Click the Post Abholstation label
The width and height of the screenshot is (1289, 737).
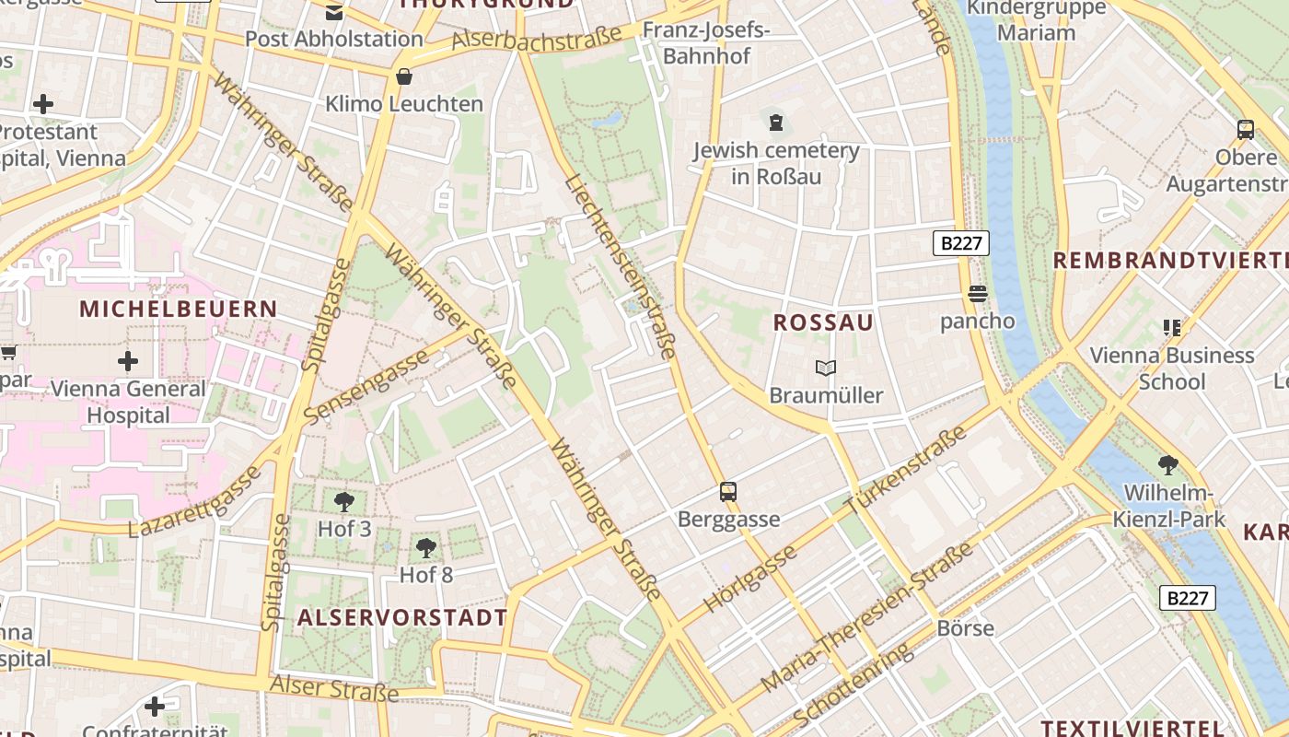tap(333, 39)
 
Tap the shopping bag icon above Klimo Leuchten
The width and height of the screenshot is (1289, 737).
tap(403, 76)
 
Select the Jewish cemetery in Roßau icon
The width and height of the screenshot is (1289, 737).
tap(776, 122)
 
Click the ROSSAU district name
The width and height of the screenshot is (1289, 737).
tap(823, 322)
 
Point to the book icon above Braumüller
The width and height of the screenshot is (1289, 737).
tap(826, 368)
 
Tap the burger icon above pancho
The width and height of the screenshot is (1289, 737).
tap(977, 294)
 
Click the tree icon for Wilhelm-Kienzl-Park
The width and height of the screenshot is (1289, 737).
tap(1168, 465)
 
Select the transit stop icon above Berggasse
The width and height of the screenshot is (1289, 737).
tap(728, 491)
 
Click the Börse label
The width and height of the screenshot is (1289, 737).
tap(965, 628)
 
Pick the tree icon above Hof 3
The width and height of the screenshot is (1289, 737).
tap(344, 502)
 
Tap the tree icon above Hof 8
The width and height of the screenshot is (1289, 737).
tap(425, 548)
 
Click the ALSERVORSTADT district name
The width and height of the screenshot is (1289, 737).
tap(402, 617)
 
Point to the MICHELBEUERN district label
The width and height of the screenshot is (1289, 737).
tap(179, 309)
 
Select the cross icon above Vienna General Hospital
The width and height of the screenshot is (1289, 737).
tap(128, 361)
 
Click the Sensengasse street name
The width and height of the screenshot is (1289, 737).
tap(366, 388)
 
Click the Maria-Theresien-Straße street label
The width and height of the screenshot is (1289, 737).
tap(868, 618)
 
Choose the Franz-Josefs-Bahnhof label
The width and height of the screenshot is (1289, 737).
tap(707, 42)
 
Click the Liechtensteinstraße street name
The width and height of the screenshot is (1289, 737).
tap(621, 266)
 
